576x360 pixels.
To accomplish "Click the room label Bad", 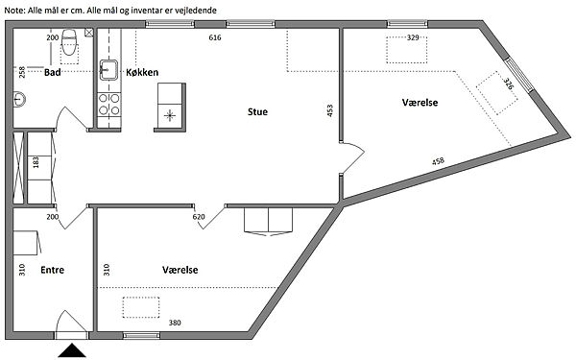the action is click(x=52, y=72).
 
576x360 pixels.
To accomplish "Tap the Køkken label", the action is click(x=142, y=72).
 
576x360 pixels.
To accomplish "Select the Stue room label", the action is click(x=257, y=111).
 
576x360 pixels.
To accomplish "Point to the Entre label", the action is click(x=52, y=270).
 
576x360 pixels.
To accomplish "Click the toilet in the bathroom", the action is click(x=69, y=41).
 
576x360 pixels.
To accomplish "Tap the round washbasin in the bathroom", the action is click(x=19, y=99).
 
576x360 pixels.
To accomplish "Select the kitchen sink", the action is click(x=108, y=70).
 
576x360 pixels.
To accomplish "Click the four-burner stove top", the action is click(x=109, y=105).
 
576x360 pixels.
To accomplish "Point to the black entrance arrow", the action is click(x=72, y=350).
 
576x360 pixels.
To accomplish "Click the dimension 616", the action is click(x=215, y=37).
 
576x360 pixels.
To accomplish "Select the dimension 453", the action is click(x=329, y=110).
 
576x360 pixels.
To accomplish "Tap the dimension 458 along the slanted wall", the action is click(x=438, y=161).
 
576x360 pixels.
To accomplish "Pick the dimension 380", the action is click(x=175, y=323).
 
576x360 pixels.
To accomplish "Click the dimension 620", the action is click(x=199, y=217).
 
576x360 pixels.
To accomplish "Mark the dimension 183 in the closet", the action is click(x=36, y=162).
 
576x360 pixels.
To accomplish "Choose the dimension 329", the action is click(x=413, y=37).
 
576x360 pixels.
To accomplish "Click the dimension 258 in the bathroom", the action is click(x=22, y=72).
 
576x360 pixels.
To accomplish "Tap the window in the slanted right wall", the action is click(x=518, y=75).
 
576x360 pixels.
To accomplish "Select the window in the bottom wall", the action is click(x=141, y=335).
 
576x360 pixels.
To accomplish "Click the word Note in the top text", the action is click(x=14, y=11).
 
